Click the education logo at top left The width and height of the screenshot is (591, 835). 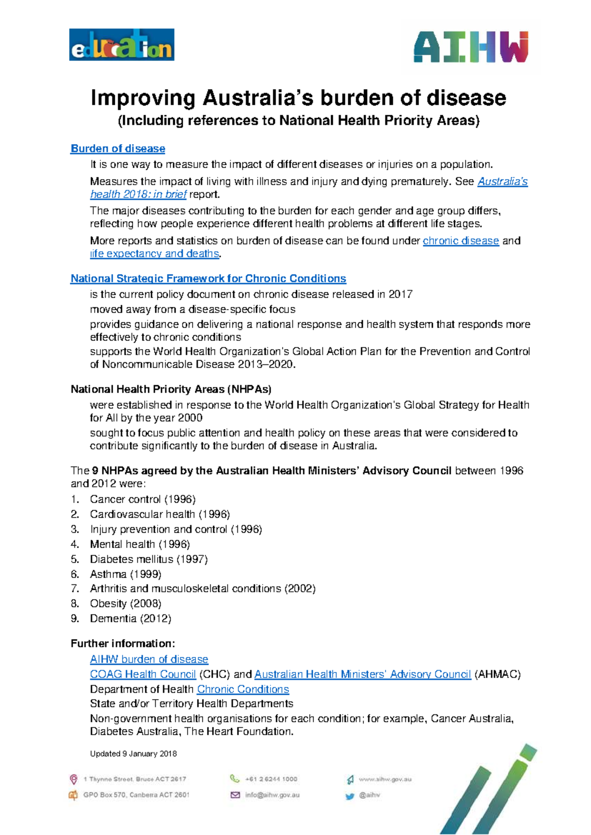122,45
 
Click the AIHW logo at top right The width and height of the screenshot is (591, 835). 471,47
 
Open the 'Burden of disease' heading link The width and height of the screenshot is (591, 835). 118,149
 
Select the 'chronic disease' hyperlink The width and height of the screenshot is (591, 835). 460,241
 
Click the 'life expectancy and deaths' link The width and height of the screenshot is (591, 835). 155,254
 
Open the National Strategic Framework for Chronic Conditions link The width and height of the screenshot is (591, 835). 208,279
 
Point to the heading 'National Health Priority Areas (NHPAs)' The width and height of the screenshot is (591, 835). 171,389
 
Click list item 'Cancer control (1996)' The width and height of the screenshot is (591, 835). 142,499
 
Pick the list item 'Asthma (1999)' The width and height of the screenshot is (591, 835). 126,574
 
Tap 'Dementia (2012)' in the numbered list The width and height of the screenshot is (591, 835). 131,619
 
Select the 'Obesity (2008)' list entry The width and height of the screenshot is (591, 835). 126,604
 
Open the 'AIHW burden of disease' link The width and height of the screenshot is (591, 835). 149,659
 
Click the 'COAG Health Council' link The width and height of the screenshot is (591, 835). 143,674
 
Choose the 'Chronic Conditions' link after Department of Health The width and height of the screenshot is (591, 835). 243,689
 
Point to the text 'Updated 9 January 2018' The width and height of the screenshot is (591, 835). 133,754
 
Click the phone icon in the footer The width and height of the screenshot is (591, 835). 234,779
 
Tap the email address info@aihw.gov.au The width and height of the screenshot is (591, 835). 272,795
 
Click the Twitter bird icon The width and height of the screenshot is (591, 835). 350,796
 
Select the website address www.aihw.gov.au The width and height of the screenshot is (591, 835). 385,779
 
